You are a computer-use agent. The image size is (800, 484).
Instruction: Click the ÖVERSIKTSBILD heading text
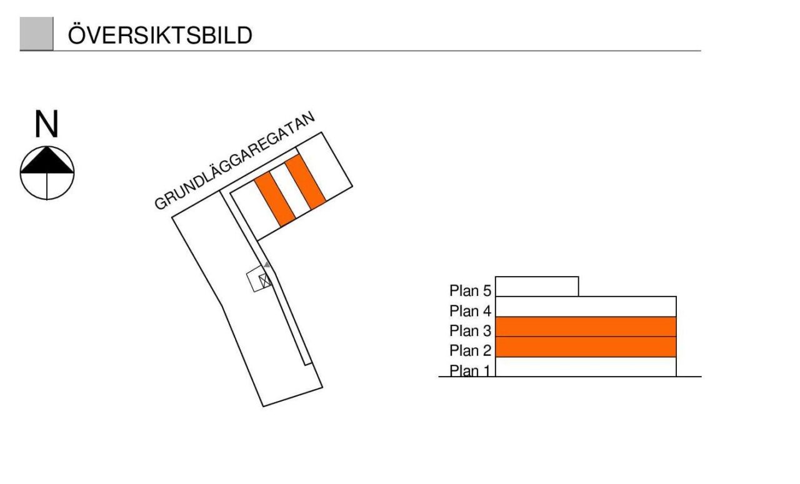[159, 35]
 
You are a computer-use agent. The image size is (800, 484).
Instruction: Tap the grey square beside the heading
[36, 34]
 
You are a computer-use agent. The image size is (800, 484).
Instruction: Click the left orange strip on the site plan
[274, 198]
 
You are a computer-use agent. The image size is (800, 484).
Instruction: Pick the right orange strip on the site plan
[305, 182]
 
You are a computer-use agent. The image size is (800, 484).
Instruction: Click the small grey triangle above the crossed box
[267, 265]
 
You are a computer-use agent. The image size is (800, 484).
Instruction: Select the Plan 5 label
[470, 290]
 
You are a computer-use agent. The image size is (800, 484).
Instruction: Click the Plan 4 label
[470, 310]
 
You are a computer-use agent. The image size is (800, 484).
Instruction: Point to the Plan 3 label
[470, 330]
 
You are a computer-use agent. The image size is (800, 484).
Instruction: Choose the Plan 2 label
[470, 350]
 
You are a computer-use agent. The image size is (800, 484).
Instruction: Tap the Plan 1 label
[470, 370]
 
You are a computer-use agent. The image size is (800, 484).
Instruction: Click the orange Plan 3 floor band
[586, 327]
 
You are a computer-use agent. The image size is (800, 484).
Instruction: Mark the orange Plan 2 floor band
[586, 347]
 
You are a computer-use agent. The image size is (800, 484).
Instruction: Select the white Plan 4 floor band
[586, 307]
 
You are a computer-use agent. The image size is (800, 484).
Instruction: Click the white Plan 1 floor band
[586, 367]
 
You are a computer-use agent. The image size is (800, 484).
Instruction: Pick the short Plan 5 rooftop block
[536, 287]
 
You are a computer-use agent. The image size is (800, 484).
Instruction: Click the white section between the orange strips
[290, 190]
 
